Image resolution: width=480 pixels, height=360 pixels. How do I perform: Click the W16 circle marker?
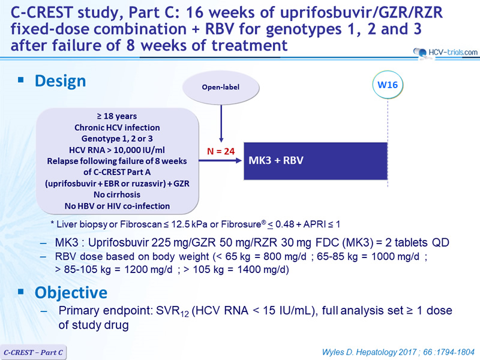click(388, 85)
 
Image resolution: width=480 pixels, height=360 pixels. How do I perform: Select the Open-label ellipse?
click(221, 87)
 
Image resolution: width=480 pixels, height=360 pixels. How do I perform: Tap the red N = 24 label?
click(221, 151)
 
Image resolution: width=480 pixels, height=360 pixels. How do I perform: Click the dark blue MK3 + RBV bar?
click(316, 161)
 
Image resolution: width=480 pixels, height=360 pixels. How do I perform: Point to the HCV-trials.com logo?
click(445, 53)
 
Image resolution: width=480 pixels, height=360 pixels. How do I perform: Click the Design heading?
click(61, 81)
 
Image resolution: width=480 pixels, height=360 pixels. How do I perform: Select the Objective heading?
click(71, 292)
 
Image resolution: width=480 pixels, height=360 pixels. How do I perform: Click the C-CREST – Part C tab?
click(33, 352)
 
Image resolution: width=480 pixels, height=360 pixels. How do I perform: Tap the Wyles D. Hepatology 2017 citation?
click(398, 352)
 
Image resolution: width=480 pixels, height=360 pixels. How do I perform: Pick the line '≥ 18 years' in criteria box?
click(117, 116)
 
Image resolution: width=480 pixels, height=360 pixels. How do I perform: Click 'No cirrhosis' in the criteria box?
click(117, 194)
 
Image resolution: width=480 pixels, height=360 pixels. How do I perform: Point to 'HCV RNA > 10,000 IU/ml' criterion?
click(117, 149)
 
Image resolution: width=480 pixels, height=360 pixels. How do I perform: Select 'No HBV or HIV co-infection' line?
click(117, 206)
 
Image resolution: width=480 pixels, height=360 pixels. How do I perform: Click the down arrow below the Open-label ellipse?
click(221, 124)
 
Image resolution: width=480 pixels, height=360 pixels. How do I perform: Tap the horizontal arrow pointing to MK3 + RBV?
click(220, 160)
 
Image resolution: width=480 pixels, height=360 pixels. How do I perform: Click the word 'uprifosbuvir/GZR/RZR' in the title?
click(361, 13)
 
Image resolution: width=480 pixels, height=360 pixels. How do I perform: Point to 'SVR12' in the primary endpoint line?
click(172, 311)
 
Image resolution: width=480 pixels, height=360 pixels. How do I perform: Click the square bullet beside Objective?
click(21, 292)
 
